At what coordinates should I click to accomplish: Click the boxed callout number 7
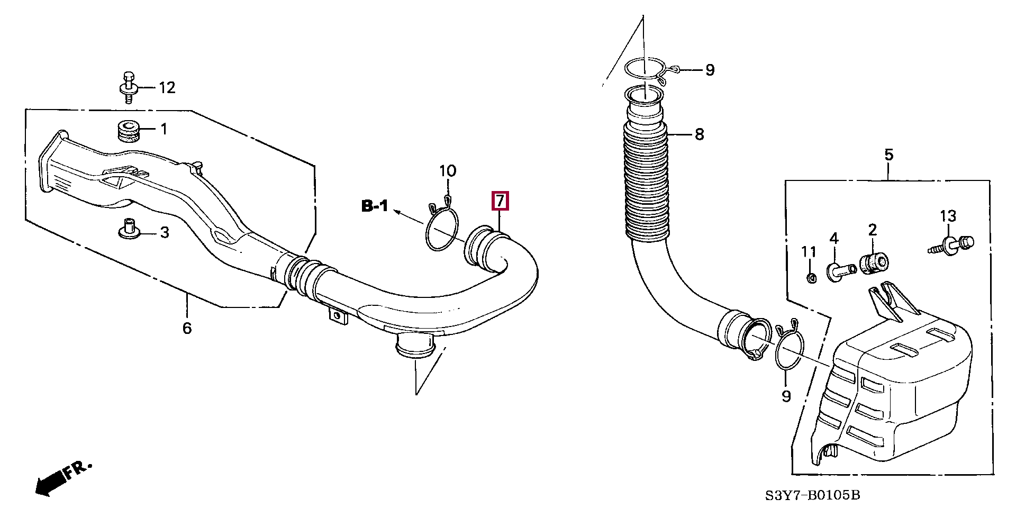click(500, 201)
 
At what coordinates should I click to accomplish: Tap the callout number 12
click(167, 87)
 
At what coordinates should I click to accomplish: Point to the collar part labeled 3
click(127, 230)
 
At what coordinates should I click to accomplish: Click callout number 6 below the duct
click(187, 328)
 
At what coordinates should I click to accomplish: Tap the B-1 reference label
click(375, 206)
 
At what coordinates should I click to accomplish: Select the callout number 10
click(448, 171)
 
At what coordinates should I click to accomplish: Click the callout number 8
click(699, 134)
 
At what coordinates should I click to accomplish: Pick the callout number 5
click(888, 155)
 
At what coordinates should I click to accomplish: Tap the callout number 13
click(948, 216)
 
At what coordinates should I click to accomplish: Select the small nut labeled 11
click(810, 278)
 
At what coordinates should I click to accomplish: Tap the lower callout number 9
click(786, 396)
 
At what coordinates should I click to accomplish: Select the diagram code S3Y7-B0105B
click(812, 495)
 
